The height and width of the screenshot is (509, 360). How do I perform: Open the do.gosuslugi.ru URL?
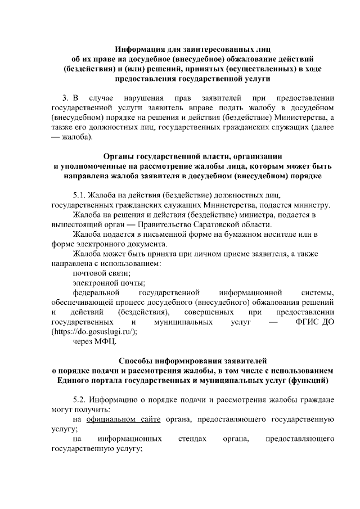tap(94, 332)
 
